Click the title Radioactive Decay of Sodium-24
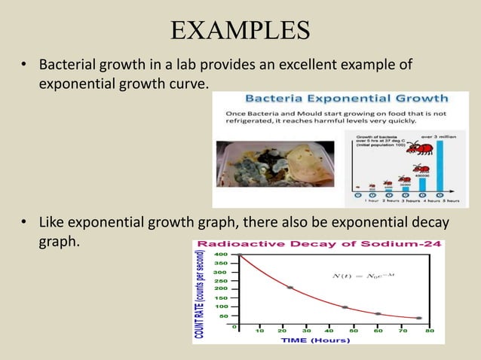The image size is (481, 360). tap(319, 245)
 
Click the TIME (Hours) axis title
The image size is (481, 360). tap(316, 340)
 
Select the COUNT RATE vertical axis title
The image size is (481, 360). tap(201, 293)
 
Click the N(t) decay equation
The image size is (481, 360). tap(363, 276)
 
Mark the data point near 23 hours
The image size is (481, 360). tap(290, 288)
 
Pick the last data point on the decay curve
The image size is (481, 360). tap(418, 318)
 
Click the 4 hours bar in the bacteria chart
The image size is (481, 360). tap(422, 183)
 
